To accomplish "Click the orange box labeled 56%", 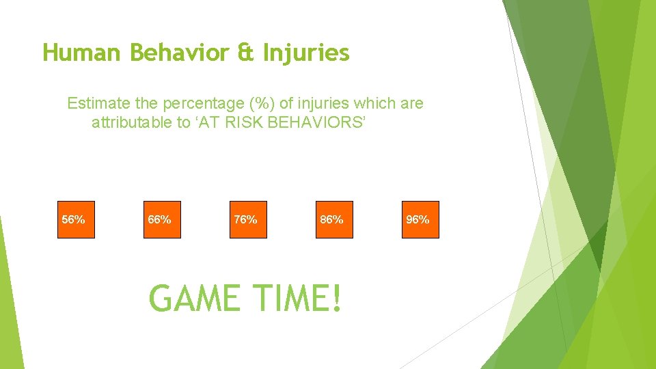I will (76, 219).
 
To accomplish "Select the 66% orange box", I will (162, 219).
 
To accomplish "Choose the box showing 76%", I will (248, 219).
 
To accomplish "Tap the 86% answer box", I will (334, 219).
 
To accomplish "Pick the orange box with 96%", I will (420, 219).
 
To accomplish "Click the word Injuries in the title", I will (306, 53).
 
